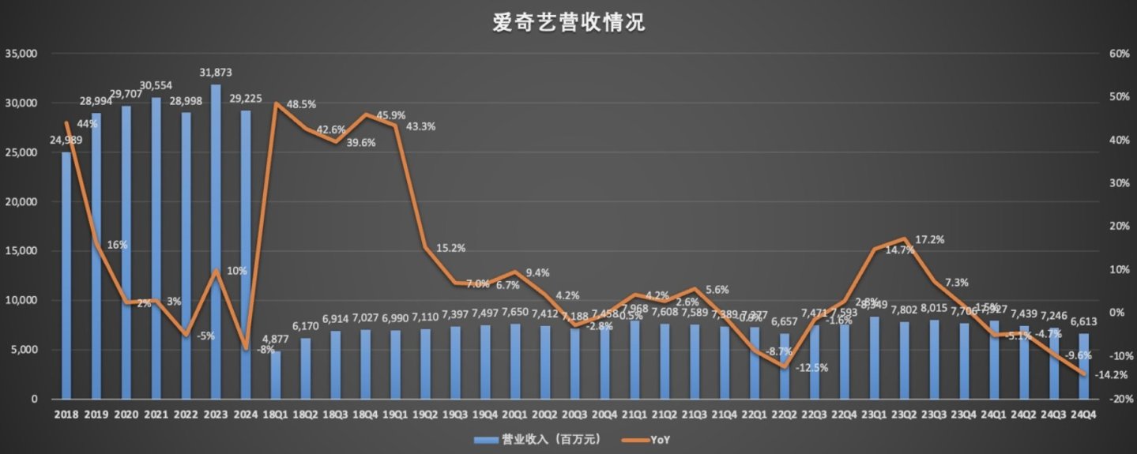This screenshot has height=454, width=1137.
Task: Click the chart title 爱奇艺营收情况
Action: click(x=568, y=23)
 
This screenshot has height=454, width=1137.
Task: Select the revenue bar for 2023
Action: click(x=216, y=242)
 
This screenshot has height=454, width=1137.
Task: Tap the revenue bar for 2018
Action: click(x=66, y=276)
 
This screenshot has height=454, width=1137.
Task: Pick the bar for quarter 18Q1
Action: click(x=275, y=375)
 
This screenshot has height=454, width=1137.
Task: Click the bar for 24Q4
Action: click(x=1083, y=366)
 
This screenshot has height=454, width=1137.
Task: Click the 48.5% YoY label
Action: click(x=301, y=103)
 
